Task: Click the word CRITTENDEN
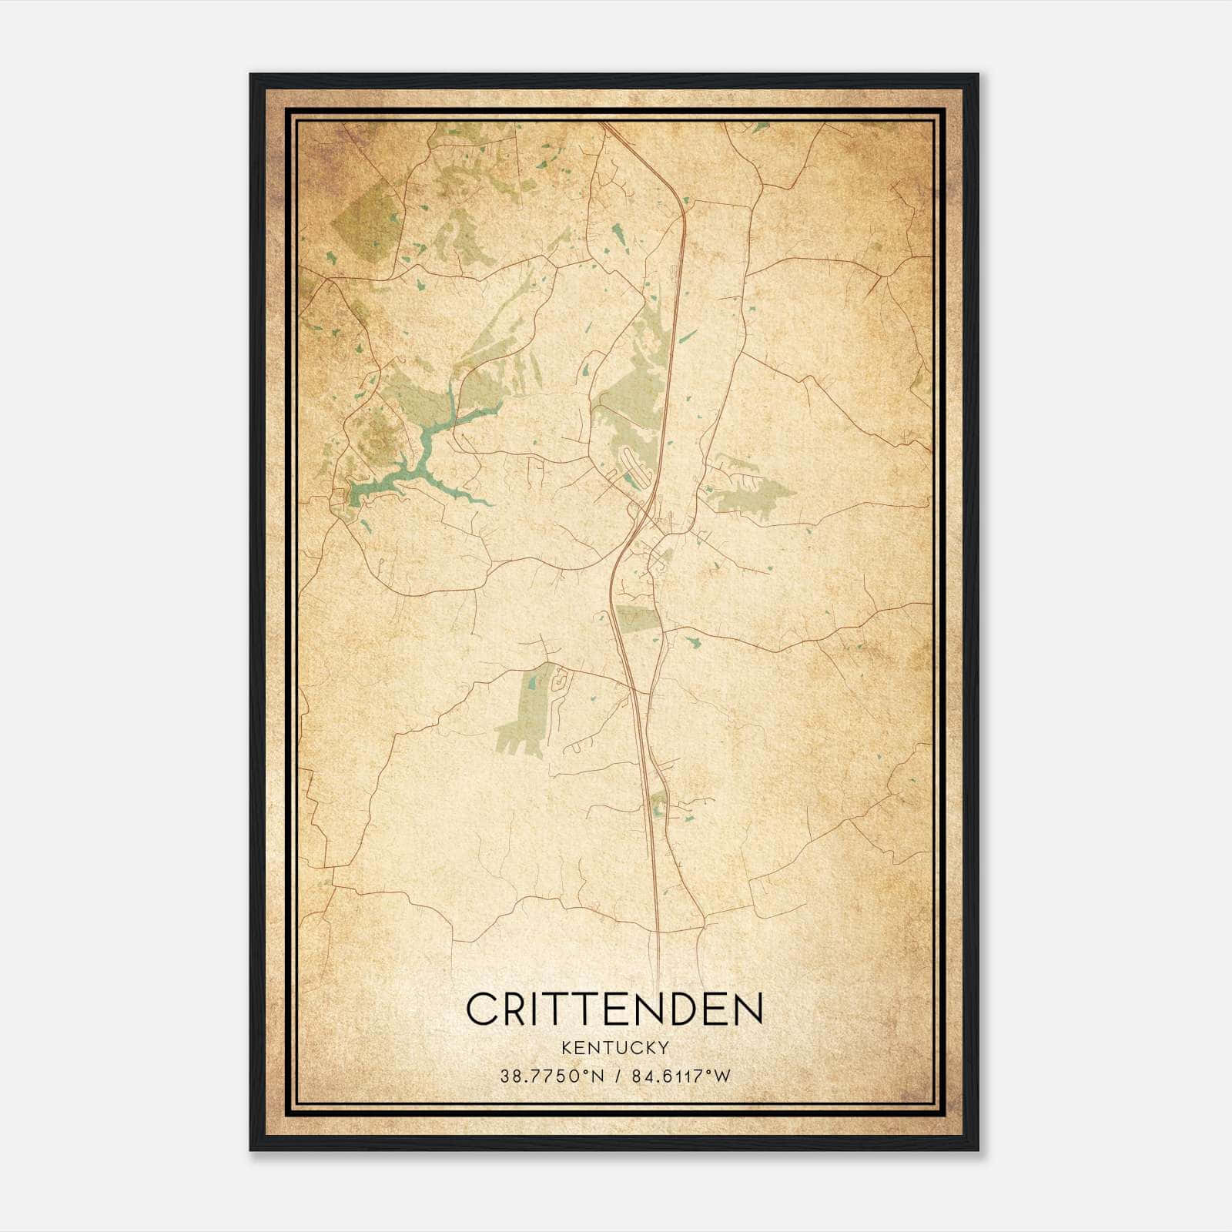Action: pos(614,1009)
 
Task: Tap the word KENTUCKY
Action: pos(614,1047)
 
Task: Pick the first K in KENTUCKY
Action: pos(567,1047)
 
